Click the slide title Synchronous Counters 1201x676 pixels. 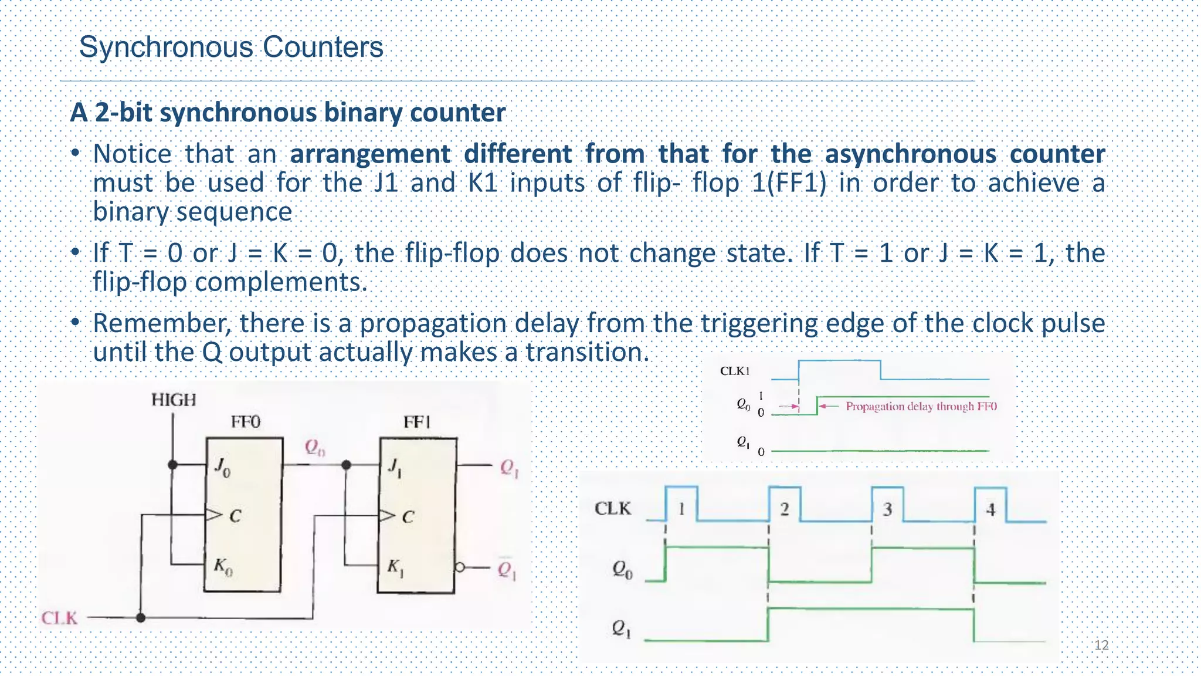coord(231,47)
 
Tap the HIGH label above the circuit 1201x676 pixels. coord(174,400)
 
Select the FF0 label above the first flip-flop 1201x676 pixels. coord(245,422)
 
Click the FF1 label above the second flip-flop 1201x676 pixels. coord(417,422)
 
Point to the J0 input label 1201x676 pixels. coord(222,467)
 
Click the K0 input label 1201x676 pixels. coord(223,567)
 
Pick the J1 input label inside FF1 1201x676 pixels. coord(395,468)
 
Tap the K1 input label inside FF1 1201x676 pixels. coord(395,567)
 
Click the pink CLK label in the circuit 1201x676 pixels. coord(59,618)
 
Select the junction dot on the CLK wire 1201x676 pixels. coord(141,617)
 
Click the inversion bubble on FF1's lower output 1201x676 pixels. coord(460,567)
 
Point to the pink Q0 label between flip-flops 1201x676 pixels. coord(315,448)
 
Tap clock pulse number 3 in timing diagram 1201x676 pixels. coord(887,509)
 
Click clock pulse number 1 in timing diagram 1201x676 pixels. coord(681,508)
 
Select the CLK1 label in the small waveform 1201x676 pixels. coord(735,371)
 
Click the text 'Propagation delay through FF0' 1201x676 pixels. coord(921,406)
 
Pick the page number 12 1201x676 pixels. coord(1101,645)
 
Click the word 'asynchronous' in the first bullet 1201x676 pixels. coord(910,154)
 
